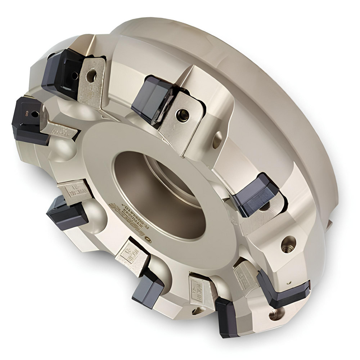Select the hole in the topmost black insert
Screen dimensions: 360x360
click(x=74, y=76)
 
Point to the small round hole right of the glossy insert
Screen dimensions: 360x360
click(x=217, y=139)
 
